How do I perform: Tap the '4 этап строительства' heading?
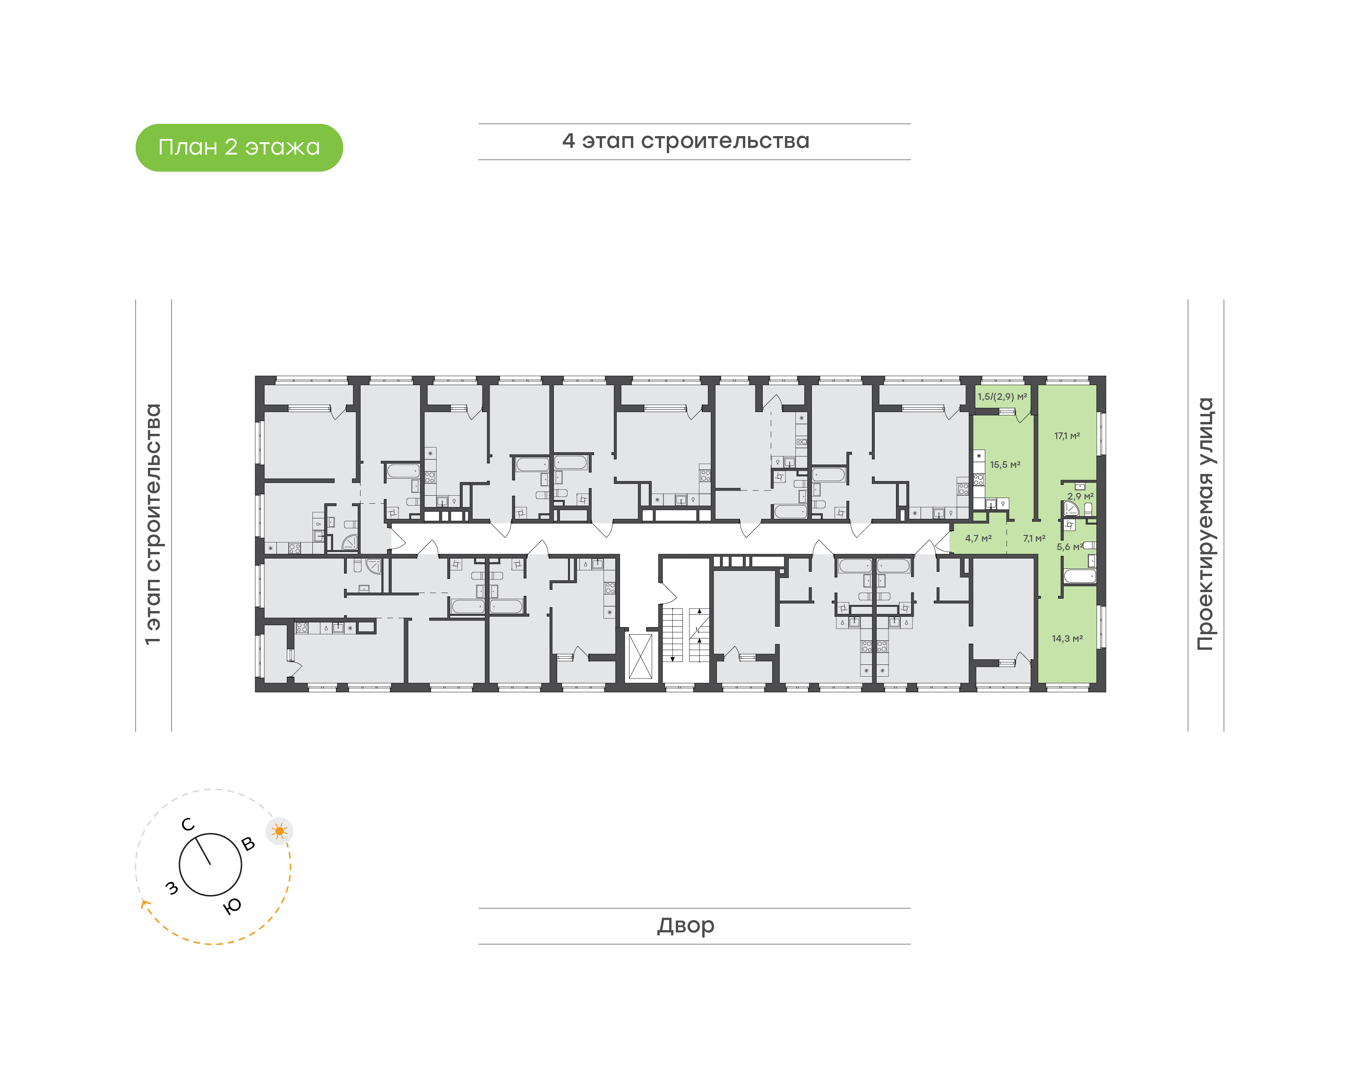click(685, 141)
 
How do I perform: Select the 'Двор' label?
click(685, 925)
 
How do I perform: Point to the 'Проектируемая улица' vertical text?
click(1205, 524)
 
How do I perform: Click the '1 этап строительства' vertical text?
click(153, 524)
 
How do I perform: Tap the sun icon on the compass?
click(279, 831)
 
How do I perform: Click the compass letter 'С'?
click(188, 825)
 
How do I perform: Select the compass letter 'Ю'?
click(233, 906)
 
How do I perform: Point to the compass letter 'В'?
click(248, 844)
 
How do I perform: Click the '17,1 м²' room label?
click(1067, 436)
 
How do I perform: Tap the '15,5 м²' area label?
click(1005, 465)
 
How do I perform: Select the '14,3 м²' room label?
click(1067, 638)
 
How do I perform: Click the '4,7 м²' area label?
click(978, 538)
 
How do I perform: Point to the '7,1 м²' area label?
click(1034, 538)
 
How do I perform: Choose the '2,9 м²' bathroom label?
click(1080, 496)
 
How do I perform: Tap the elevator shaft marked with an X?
click(640, 656)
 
